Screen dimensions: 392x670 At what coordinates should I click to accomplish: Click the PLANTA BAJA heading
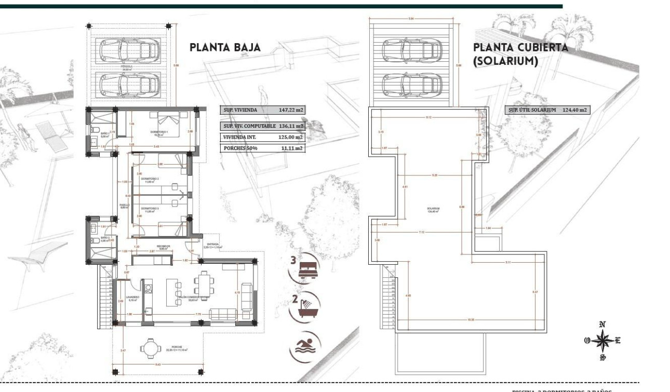225,48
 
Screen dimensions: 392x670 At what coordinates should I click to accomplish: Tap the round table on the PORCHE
150,347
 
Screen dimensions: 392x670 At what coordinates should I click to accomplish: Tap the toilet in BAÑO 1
96,129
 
